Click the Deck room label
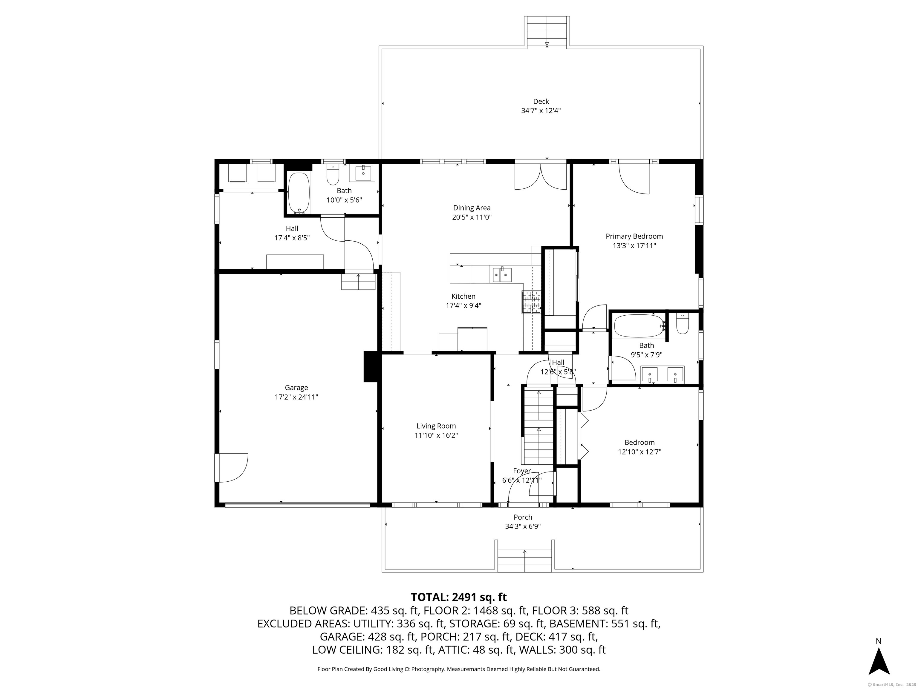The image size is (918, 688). pos(541,102)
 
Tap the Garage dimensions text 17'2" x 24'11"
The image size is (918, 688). pos(296,397)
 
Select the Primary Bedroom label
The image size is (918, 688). pos(634,236)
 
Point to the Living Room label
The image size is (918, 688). pos(436,426)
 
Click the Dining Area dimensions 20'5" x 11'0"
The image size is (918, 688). pos(472,217)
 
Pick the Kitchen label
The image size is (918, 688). pos(463,296)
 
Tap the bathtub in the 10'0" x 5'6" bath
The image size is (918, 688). pos(299,193)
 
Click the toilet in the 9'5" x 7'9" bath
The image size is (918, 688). pos(683,323)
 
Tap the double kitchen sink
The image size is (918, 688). pos(502,274)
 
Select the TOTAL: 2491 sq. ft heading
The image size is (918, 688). pos(459,597)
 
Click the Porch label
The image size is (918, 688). pos(523,517)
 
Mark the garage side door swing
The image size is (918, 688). pos(232,468)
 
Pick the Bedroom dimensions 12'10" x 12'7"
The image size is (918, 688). pos(639,451)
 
